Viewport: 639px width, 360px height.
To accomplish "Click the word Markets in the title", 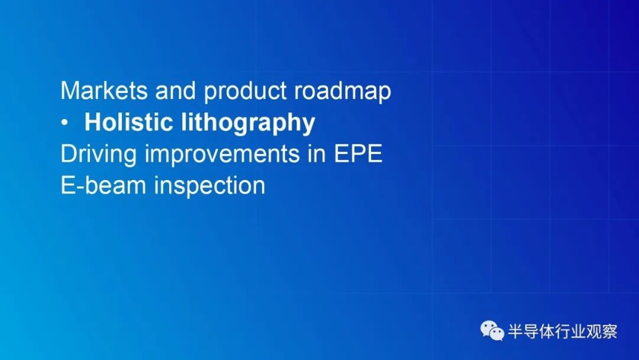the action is click(x=104, y=90).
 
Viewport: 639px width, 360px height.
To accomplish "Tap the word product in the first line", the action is click(x=245, y=92).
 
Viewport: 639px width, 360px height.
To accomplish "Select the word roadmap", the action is click(x=343, y=92).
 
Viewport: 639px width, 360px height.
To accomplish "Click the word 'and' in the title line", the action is click(x=175, y=90).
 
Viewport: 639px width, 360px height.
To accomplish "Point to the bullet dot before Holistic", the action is click(x=64, y=123).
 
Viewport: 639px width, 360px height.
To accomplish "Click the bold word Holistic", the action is click(x=128, y=122).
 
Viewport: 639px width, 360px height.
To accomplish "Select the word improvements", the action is click(x=222, y=155).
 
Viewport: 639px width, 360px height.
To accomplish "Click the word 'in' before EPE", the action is click(x=317, y=154).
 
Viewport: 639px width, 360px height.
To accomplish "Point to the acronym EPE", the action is click(x=358, y=154).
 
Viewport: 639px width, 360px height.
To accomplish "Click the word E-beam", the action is click(x=103, y=185).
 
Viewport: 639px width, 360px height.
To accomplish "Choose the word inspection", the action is click(x=209, y=187).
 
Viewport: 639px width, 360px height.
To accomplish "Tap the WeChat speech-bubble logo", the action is click(x=492, y=330).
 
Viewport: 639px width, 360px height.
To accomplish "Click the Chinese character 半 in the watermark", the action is click(x=515, y=332).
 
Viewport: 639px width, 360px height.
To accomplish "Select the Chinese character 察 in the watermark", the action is click(x=609, y=332).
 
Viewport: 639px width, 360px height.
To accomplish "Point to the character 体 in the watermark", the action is click(x=547, y=332).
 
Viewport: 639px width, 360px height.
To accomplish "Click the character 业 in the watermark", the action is click(x=578, y=332).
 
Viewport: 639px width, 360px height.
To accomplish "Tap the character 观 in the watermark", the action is click(x=593, y=332).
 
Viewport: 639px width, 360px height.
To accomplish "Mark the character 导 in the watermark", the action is click(x=531, y=332).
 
